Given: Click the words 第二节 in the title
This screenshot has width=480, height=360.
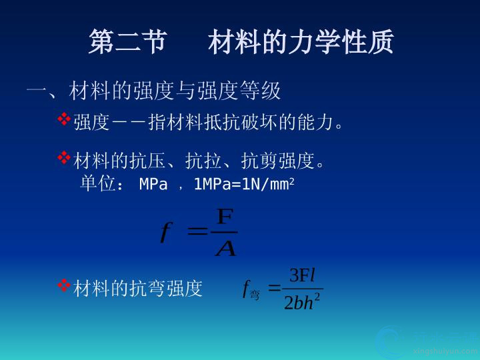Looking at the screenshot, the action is point(128,41).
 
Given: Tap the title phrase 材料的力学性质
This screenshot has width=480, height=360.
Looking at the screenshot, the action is point(301,41).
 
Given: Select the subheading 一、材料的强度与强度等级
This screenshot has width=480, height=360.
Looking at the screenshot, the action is point(154,90).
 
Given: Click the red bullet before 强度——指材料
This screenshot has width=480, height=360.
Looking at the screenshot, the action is point(64,119).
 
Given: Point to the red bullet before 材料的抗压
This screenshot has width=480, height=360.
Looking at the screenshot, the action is point(64,157).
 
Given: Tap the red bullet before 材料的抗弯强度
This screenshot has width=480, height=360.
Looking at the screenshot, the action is point(64,285).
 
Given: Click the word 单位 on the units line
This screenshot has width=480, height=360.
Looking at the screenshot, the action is point(98,183).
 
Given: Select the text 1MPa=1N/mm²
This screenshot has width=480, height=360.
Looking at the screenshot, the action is point(244,184).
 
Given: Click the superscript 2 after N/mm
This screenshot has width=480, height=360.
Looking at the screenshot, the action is point(292,181).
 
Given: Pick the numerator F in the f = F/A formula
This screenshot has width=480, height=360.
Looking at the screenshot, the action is point(225,217).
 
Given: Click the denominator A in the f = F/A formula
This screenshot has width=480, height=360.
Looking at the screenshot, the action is point(226,247).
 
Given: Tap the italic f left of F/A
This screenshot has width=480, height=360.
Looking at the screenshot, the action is point(166,233).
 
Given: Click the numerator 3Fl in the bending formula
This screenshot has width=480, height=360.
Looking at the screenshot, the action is point(302,275).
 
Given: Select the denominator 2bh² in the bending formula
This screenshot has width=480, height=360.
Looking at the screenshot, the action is point(302,302).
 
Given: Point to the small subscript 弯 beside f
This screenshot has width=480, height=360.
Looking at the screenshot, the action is point(255,295).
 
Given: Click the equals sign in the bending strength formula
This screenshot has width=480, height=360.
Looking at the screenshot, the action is point(274,287).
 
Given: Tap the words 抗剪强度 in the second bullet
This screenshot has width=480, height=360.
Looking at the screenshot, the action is point(277,161).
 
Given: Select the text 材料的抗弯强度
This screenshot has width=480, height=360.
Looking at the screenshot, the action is point(138,289).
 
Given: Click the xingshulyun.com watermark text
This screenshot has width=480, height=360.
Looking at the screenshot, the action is point(445,351).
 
